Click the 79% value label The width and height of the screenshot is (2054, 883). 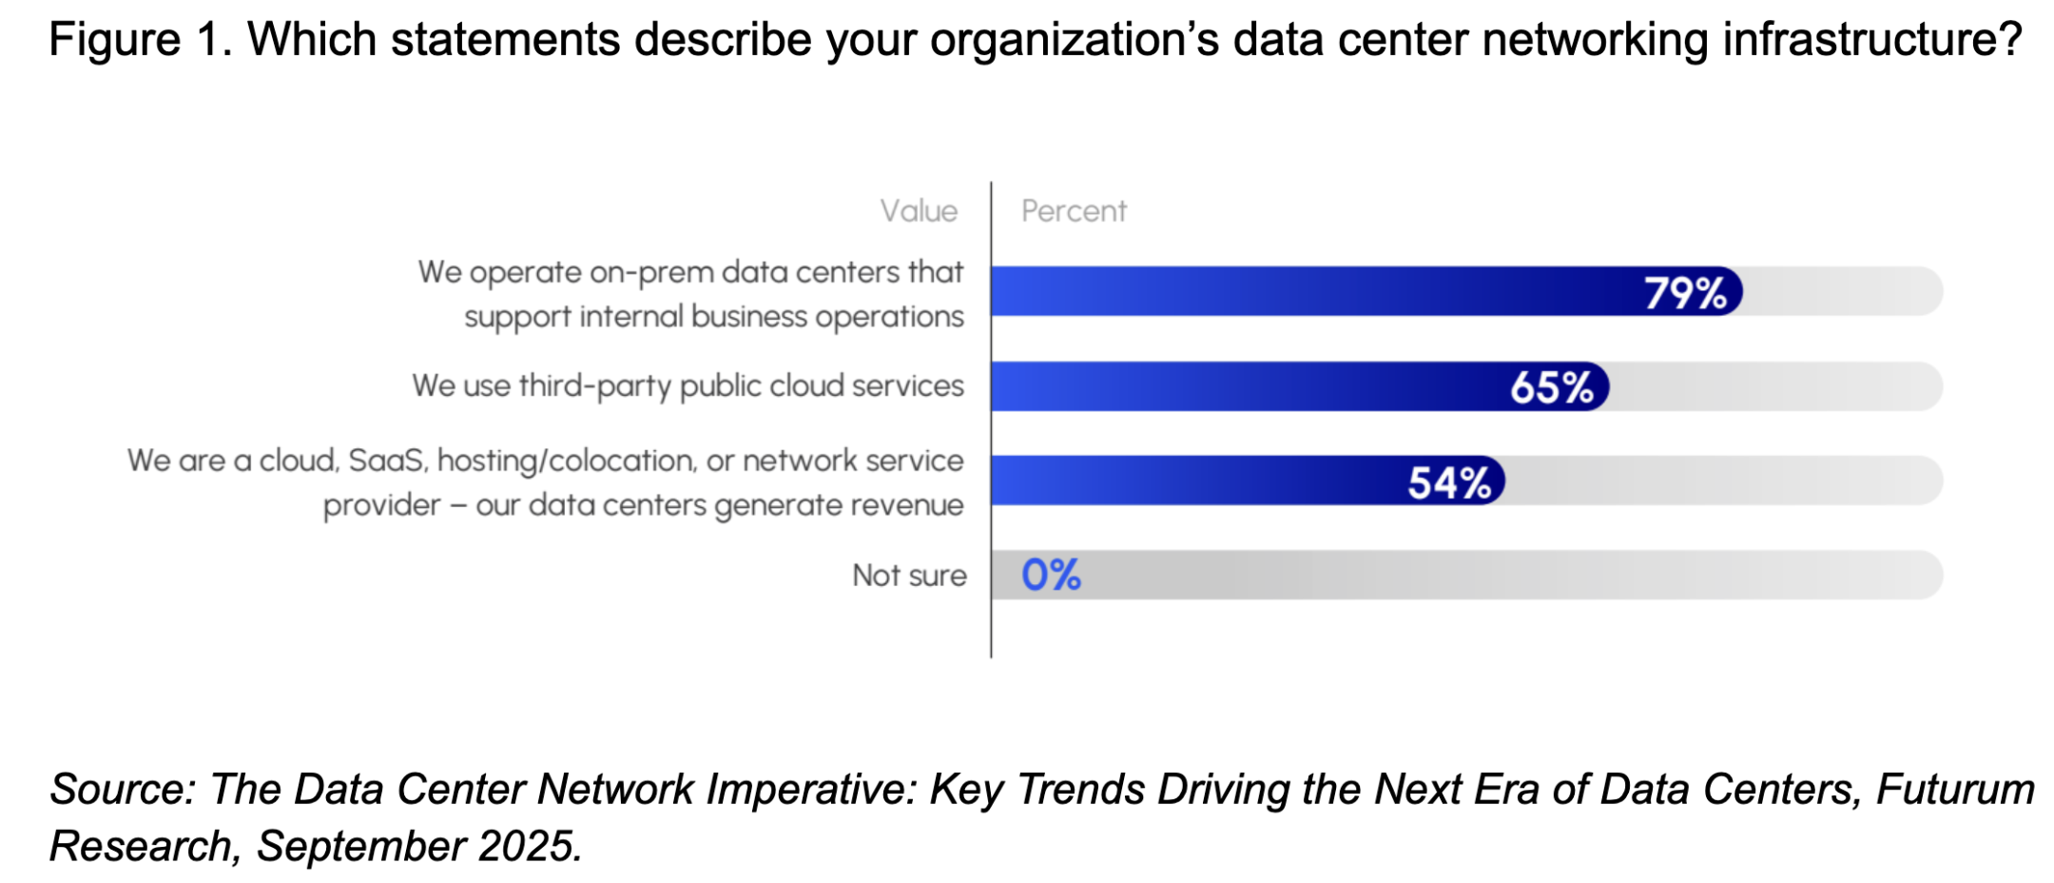click(x=1685, y=293)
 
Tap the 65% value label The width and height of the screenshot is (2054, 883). click(x=1551, y=387)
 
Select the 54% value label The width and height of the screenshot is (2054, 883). click(x=1449, y=482)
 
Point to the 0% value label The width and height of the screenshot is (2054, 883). click(x=1051, y=575)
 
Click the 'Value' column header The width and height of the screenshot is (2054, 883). click(x=918, y=211)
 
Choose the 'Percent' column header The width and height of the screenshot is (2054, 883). click(x=1074, y=211)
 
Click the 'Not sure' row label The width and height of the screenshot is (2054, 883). click(x=909, y=576)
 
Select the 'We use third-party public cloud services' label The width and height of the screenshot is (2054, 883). click(x=688, y=386)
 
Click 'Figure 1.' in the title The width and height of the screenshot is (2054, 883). click(x=140, y=40)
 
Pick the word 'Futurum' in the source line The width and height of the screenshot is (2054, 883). click(x=1955, y=790)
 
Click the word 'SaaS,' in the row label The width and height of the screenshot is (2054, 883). click(x=388, y=461)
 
